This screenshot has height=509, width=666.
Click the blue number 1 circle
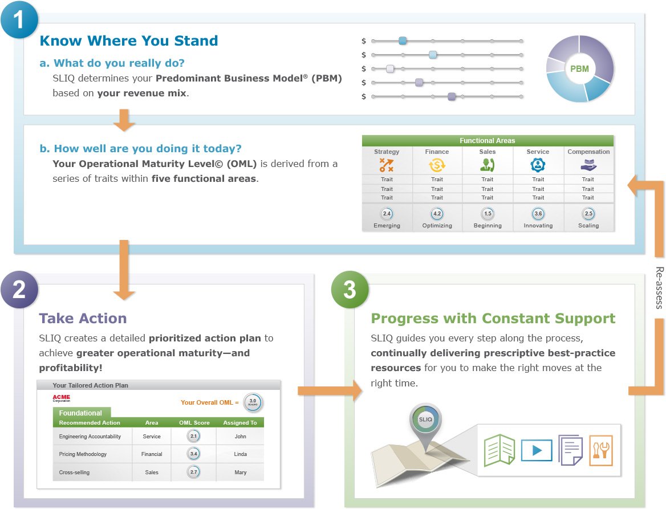(19, 19)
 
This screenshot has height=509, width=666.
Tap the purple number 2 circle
(19, 290)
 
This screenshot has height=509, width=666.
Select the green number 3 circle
(350, 290)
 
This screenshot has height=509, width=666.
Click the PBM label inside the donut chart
(579, 69)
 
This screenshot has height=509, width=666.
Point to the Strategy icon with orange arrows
(387, 165)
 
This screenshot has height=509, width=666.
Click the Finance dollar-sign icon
(437, 165)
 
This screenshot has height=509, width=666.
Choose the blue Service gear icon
(538, 165)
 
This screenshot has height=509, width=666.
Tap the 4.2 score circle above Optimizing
(437, 214)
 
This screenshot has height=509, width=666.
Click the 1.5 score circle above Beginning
(488, 214)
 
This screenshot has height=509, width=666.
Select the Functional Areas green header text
(487, 141)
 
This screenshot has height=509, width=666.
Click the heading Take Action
(83, 319)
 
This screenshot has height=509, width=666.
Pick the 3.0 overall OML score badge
(253, 402)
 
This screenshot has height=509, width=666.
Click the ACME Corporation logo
(61, 398)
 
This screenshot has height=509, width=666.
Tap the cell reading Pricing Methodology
(83, 454)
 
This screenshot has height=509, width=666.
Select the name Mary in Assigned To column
(241, 472)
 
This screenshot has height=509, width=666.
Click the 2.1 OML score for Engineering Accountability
(194, 436)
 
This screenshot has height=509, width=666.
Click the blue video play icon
(537, 450)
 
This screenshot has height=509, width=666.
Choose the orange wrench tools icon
(601, 450)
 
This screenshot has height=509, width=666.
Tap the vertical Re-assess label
(659, 288)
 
